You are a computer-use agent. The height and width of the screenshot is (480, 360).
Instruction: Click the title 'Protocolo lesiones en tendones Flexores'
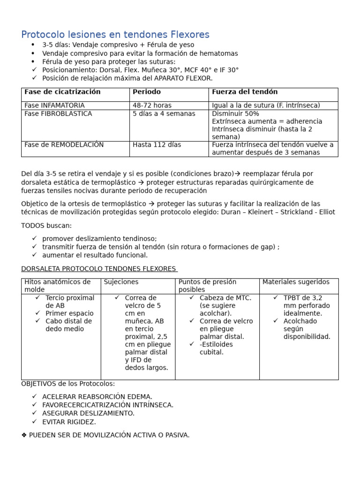(115, 35)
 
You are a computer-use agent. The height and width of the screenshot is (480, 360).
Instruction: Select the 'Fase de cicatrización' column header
(62, 92)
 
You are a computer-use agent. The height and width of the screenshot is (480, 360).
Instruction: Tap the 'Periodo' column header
(147, 92)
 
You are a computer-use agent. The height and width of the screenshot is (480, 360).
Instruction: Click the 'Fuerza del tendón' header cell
(245, 92)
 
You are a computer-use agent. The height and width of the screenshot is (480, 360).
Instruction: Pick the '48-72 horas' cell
(152, 105)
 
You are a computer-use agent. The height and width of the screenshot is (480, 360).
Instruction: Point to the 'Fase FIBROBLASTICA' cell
(58, 113)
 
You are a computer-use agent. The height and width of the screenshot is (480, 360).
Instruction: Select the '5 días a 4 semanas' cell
(164, 113)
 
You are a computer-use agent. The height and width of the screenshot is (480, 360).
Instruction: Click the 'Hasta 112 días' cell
(157, 145)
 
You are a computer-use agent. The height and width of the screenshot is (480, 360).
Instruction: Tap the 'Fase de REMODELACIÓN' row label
(64, 145)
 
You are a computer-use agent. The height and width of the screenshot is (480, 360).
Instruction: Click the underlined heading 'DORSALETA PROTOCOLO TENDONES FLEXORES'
(98, 269)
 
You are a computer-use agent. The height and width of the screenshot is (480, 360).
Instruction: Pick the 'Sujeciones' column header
(121, 282)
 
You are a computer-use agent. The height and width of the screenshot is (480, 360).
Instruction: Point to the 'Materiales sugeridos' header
(296, 282)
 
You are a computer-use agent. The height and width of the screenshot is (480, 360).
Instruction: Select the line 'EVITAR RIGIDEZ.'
(68, 421)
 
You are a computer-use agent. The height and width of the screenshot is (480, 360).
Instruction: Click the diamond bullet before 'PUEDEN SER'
(24, 435)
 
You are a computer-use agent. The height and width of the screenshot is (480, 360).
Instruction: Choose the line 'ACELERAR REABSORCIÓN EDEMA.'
(97, 397)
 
